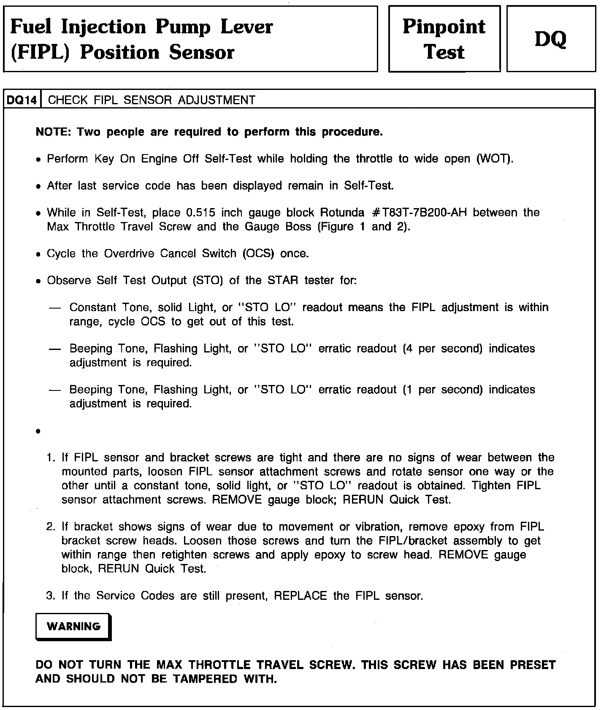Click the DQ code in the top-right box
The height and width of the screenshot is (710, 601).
tap(551, 39)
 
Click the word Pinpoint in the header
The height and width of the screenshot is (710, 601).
tap(444, 26)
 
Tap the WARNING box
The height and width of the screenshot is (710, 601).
tap(73, 626)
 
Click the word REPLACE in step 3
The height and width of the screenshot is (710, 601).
tap(300, 596)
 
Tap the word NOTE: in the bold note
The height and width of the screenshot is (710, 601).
tap(53, 132)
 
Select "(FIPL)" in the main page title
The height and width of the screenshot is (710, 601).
tap(40, 53)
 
